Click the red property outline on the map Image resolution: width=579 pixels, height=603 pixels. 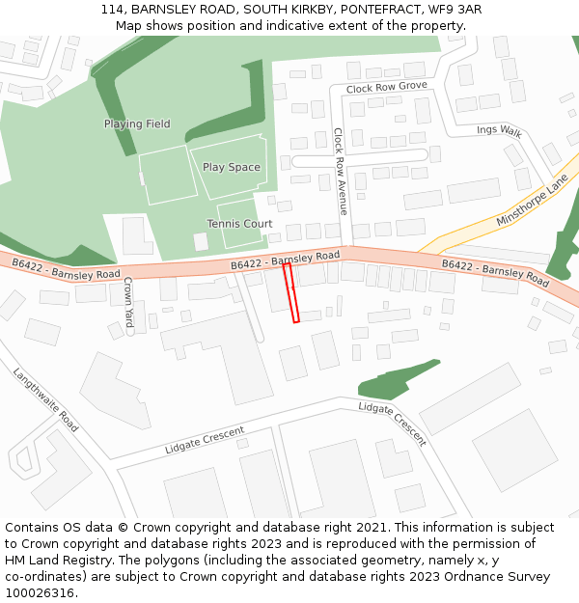click(292, 293)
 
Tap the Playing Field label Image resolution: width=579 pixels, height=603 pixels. click(137, 124)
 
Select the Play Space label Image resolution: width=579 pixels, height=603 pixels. click(231, 168)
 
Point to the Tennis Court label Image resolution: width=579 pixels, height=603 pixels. click(239, 224)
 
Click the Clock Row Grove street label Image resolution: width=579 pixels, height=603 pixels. click(386, 88)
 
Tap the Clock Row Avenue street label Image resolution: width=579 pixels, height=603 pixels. click(341, 171)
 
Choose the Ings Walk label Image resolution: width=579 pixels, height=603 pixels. click(498, 130)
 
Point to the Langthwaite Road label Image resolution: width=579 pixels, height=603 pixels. click(45, 397)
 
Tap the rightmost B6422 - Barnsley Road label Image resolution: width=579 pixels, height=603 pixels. click(495, 273)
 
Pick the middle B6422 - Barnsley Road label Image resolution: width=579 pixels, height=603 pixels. click(286, 260)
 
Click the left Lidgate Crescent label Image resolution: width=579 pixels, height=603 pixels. click(204, 441)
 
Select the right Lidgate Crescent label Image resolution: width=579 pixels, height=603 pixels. click(392, 423)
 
